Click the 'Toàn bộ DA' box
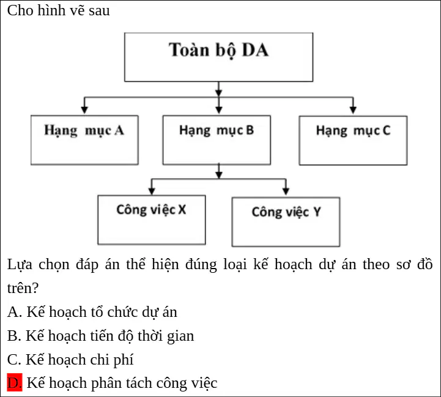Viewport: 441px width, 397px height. [x=218, y=57]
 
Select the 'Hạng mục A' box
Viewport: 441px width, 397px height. [x=84, y=140]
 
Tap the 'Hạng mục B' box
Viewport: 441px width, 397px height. [x=217, y=140]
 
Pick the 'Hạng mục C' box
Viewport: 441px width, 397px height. [x=353, y=141]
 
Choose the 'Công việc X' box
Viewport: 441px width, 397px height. [x=152, y=220]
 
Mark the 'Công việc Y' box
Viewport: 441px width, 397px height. [x=286, y=221]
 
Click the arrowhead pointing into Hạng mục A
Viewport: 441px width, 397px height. [x=84, y=110]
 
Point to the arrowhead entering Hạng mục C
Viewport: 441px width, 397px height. [x=353, y=110]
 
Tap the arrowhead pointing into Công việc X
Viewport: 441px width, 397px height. [x=152, y=191]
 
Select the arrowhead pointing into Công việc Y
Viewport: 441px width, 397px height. [x=286, y=191]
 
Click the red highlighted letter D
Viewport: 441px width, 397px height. [x=15, y=382]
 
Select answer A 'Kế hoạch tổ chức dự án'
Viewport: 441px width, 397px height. [x=92, y=312]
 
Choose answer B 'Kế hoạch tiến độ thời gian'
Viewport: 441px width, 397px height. [x=101, y=336]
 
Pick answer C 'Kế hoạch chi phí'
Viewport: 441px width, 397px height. [x=70, y=359]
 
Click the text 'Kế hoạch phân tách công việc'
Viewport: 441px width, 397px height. [x=122, y=383]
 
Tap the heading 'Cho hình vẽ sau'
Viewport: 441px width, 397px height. [x=59, y=10]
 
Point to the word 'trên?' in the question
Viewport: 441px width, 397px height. [x=23, y=288]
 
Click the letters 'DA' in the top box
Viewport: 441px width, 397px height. [x=255, y=50]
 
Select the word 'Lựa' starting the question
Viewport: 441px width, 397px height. [x=20, y=264]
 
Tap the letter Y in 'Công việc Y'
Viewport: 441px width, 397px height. [x=317, y=212]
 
